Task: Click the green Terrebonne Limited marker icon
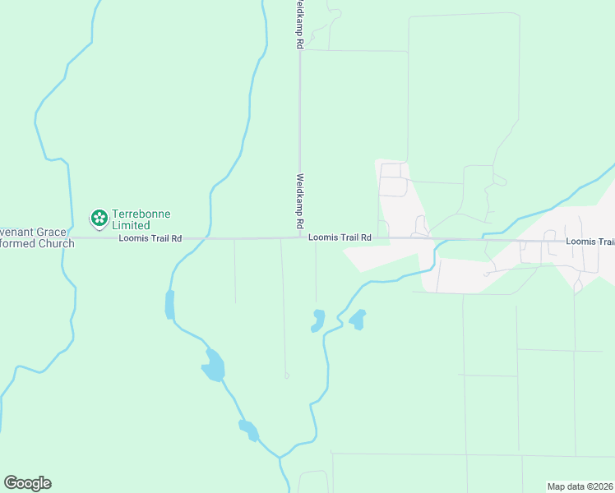pos(99,219)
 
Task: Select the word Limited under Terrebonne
pos(131,225)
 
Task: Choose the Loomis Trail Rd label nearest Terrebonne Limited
pos(150,239)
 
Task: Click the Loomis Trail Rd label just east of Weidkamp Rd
pos(340,237)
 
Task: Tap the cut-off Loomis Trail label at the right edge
pos(590,242)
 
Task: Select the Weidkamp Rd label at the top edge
pos(300,25)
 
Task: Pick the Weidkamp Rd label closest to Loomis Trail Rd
pos(300,200)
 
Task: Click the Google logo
pos(27,483)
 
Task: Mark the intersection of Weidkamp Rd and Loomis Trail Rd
pos(300,238)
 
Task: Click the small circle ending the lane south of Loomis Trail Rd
pos(286,376)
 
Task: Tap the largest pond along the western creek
pos(213,366)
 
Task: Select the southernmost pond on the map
pos(248,430)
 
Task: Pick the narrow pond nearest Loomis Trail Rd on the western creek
pos(170,304)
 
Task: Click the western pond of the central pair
pos(318,320)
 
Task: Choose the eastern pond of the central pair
pos(358,319)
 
